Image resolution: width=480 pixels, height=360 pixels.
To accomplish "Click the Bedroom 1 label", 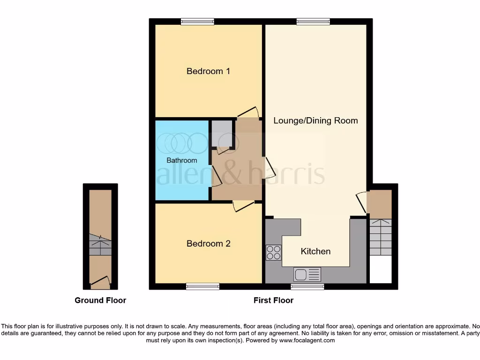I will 208,71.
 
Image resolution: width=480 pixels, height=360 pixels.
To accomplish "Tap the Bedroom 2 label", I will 208,244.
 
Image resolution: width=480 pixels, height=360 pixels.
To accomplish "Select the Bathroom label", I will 182,160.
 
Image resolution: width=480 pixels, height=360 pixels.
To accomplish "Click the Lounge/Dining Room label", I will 315,120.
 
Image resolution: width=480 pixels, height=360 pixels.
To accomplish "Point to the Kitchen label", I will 315,251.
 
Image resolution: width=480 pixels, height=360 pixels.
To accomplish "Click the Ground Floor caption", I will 100,300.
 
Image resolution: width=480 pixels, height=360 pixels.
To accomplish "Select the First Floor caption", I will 273,300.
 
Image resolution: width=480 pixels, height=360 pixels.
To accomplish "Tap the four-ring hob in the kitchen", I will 274,253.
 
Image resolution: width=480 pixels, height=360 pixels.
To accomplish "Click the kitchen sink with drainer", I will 307,274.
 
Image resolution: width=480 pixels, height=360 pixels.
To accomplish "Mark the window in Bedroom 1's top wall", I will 197,21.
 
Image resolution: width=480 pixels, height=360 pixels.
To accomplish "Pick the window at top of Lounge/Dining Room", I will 313,21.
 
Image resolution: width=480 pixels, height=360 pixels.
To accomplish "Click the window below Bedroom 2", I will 202,286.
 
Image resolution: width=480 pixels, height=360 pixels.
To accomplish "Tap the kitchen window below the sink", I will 307,286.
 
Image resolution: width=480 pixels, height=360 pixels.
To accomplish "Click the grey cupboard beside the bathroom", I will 221,134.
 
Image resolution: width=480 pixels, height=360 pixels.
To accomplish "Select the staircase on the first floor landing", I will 380,237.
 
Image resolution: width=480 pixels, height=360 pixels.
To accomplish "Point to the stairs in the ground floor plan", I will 100,245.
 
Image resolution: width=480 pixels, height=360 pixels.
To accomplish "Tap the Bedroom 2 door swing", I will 243,206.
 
